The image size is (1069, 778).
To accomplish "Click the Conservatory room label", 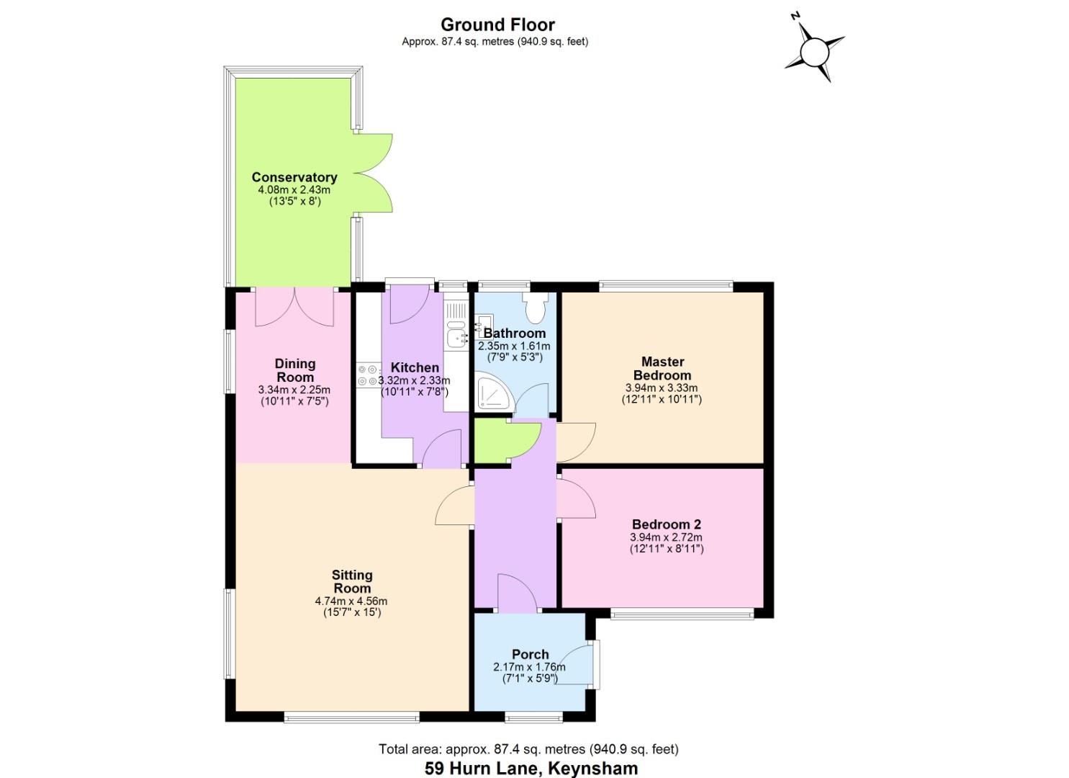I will click(294, 177).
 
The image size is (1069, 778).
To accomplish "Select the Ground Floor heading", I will click(497, 25).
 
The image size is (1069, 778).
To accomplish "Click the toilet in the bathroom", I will click(535, 308).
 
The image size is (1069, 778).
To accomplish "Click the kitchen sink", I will click(456, 336).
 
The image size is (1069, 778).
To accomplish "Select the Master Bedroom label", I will click(662, 368).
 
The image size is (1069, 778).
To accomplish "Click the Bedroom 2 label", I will click(666, 524).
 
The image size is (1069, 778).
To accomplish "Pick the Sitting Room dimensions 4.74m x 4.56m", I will click(351, 601).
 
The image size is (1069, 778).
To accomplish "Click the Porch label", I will click(531, 654).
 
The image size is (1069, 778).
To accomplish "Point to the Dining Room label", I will click(295, 370).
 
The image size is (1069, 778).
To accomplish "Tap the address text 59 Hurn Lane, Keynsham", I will click(531, 768).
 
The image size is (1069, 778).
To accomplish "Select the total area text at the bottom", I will click(528, 749).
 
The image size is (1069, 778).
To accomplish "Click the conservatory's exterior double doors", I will click(374, 173).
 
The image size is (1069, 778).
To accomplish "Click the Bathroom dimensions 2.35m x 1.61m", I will click(514, 346).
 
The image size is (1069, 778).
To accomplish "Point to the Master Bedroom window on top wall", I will click(666, 286).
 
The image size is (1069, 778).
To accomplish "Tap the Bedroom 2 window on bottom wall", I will click(682, 614).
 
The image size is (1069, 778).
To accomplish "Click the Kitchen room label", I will click(415, 367).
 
